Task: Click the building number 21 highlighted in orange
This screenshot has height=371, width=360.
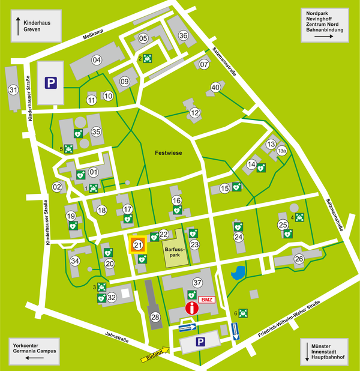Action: click(x=137, y=245)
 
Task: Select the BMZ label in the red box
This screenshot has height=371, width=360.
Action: click(x=206, y=300)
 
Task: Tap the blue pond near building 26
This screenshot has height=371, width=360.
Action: click(x=237, y=274)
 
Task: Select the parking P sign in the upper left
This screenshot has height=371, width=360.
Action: click(x=52, y=82)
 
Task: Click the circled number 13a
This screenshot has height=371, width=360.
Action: click(x=281, y=151)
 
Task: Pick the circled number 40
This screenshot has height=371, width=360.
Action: click(x=215, y=88)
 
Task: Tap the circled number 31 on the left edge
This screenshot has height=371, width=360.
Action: click(x=13, y=89)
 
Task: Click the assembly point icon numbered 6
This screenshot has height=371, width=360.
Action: click(x=243, y=312)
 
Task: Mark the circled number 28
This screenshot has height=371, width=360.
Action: click(x=155, y=317)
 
